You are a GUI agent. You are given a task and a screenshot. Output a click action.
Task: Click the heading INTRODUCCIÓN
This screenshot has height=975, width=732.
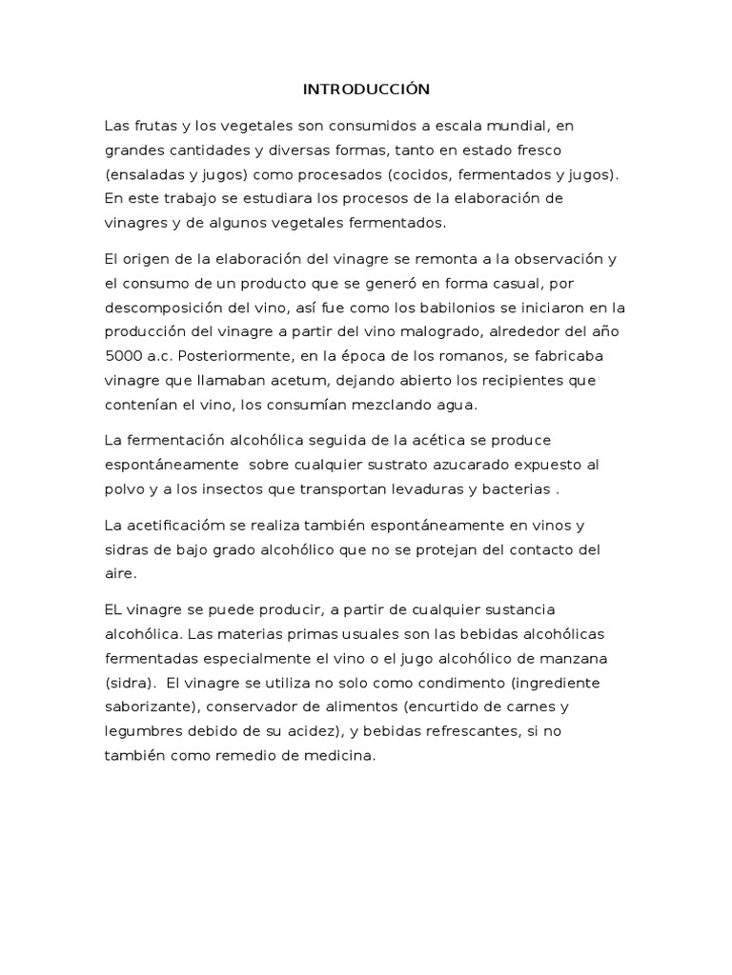click(366, 90)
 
